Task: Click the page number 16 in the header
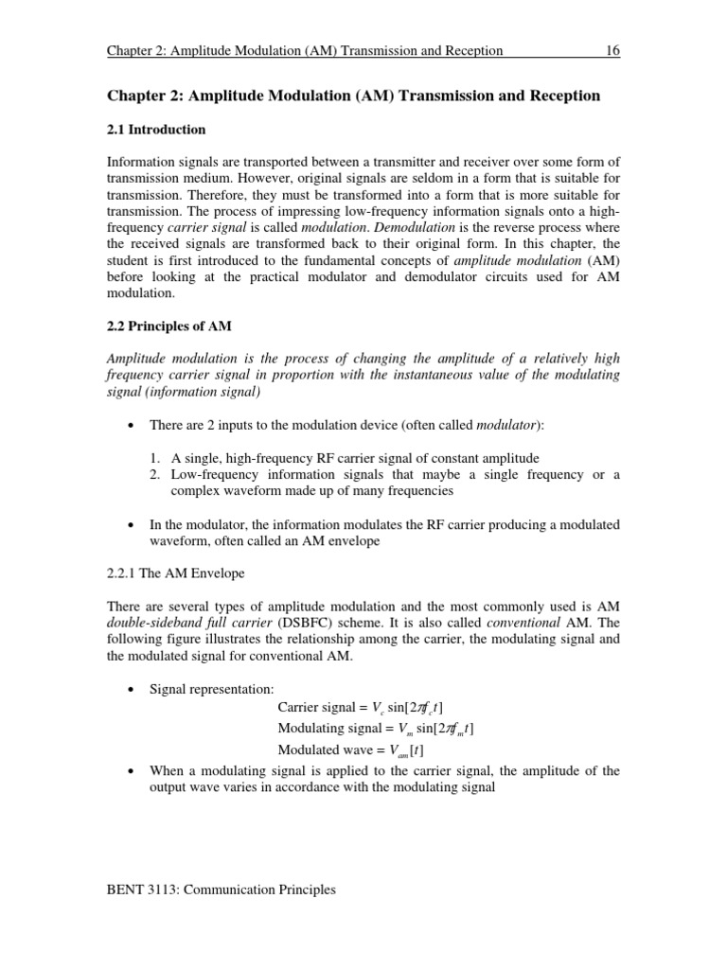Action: tap(612, 51)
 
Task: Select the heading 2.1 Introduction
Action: tap(155, 129)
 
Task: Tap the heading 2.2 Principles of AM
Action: tap(168, 326)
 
